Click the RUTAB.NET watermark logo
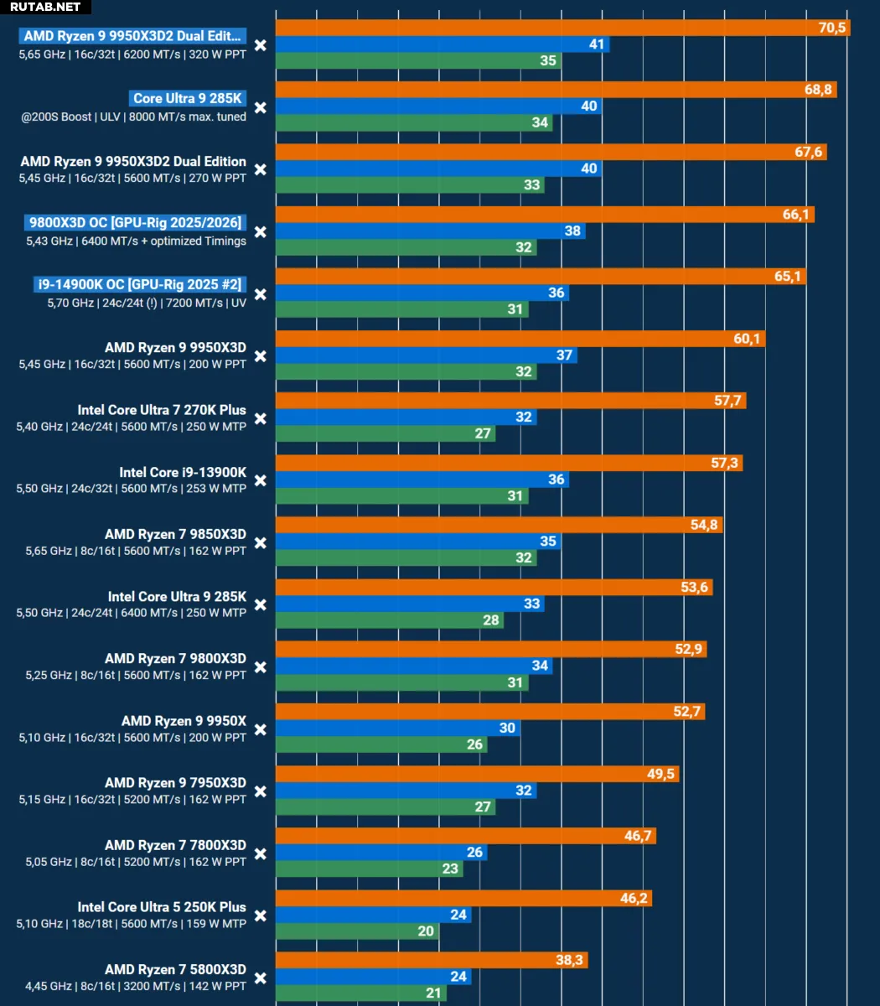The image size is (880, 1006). tap(45, 7)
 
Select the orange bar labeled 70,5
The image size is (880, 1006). tap(563, 28)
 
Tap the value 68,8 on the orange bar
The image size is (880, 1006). tap(818, 90)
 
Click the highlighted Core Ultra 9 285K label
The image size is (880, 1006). tap(187, 98)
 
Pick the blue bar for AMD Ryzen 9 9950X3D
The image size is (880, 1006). tap(427, 355)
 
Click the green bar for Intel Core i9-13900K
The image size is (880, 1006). tap(402, 495)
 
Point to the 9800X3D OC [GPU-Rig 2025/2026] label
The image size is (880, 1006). tap(135, 222)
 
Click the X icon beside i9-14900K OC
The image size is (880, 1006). tap(261, 294)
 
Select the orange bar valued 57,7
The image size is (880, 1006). tap(510, 400)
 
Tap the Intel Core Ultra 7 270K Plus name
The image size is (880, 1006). tap(162, 410)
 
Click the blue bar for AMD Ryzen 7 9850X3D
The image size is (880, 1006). tap(418, 541)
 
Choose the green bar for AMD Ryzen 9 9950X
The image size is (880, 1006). tap(381, 744)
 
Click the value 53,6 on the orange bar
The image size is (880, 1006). tap(694, 587)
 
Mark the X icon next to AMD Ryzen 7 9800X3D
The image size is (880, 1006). tap(261, 667)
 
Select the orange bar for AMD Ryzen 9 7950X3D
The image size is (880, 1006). tap(478, 774)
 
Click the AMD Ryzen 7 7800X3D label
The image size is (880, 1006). tap(175, 845)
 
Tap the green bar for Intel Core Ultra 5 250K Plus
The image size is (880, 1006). tap(357, 931)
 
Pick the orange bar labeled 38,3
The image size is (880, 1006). tap(432, 960)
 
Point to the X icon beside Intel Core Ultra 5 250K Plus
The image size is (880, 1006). tap(261, 915)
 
